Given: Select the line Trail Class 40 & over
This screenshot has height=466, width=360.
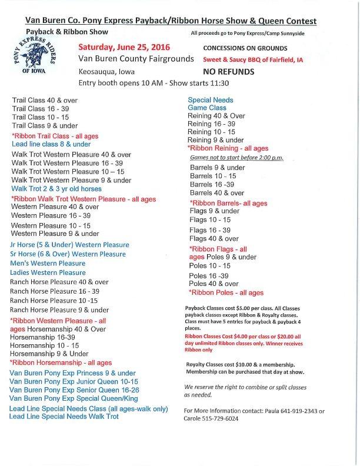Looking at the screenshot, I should tap(45, 101).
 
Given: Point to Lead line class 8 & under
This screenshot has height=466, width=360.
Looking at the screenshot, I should tap(51, 144).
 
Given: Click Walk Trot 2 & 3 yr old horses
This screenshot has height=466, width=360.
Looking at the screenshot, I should tap(56, 189).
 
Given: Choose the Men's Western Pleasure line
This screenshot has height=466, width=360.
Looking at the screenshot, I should tap(48, 263).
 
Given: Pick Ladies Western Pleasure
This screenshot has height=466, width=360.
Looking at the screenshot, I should tap(48, 272).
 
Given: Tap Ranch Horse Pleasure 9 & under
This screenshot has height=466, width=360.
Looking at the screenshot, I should tap(59, 309).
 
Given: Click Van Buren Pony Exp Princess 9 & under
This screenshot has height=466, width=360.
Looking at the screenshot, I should tap(72, 373).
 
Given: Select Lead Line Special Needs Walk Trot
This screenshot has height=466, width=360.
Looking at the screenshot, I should tap(64, 416).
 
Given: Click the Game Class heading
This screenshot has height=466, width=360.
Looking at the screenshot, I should tap(206, 108).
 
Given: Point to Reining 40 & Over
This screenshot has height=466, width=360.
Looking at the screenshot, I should tap(216, 116).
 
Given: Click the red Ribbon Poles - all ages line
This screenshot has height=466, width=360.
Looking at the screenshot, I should tap(226, 292).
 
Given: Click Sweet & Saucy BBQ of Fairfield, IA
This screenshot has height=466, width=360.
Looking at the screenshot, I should tap(253, 60).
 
